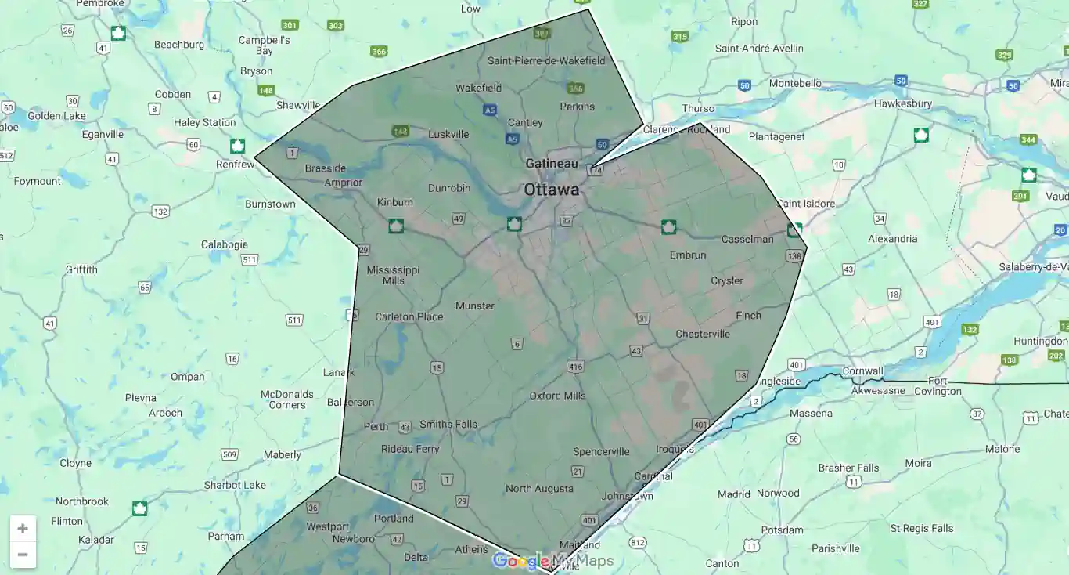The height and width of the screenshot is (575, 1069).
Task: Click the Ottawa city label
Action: (552, 190)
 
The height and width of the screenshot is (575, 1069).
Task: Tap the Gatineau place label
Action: (552, 164)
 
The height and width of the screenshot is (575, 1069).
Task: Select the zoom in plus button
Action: (23, 528)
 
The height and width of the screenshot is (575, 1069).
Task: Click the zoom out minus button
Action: (23, 555)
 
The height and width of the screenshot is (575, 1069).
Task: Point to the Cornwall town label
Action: (862, 371)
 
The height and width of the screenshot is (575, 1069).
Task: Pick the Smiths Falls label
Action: (448, 425)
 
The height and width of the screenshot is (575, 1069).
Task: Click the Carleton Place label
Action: (409, 317)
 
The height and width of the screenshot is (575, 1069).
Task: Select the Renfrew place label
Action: (236, 165)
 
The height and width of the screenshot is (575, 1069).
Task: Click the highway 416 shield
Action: (576, 367)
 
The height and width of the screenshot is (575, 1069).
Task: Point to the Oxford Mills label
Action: (557, 396)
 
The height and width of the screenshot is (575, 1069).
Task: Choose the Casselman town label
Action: (747, 239)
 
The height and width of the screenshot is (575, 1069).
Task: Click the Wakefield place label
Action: (479, 88)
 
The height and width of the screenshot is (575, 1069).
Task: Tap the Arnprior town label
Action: (344, 183)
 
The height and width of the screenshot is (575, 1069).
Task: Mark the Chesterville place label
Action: (703, 335)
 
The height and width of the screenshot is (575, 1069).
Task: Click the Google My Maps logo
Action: (552, 561)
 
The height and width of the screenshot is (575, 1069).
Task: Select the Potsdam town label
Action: (783, 530)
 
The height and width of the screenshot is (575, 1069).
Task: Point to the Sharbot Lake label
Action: (235, 486)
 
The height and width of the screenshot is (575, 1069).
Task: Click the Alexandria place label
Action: (893, 239)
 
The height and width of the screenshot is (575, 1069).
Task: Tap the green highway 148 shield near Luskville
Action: (401, 131)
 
